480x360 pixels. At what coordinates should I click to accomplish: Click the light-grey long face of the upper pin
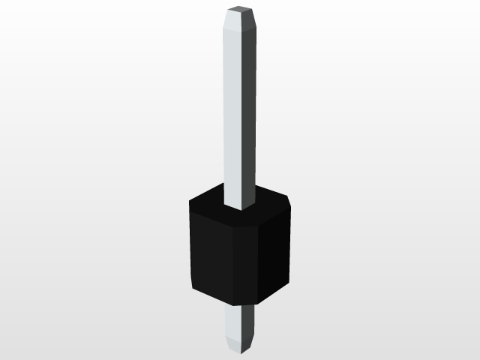click(x=234, y=112)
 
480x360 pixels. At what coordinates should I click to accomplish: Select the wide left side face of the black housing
click(x=211, y=255)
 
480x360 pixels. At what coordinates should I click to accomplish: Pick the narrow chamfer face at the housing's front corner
click(x=246, y=262)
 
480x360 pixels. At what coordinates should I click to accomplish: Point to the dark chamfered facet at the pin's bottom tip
click(x=250, y=343)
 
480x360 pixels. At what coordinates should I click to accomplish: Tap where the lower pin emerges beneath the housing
click(x=241, y=307)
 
